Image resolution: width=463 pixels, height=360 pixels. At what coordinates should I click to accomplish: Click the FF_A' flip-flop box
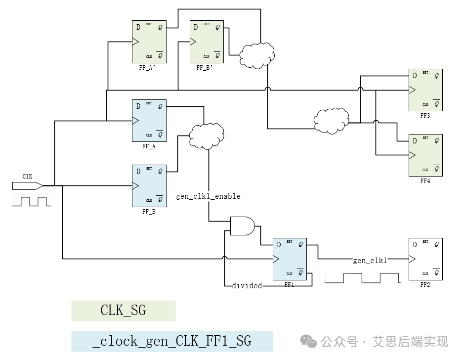point(149,42)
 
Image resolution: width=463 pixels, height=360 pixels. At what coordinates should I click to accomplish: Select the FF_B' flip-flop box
point(207,42)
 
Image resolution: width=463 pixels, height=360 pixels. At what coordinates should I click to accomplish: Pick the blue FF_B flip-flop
point(149,185)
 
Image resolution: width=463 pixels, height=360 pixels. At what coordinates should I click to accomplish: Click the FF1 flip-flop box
point(290,259)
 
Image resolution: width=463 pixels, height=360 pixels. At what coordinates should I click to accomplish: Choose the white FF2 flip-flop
point(425,259)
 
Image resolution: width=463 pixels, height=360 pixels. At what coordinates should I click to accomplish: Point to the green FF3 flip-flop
point(425,90)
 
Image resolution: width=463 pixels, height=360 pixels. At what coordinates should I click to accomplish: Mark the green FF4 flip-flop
point(425,155)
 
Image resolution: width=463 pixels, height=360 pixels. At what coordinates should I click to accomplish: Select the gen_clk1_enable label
point(208,196)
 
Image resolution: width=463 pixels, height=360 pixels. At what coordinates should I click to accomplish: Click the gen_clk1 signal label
point(370,261)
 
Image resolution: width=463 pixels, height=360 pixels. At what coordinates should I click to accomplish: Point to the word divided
point(247,286)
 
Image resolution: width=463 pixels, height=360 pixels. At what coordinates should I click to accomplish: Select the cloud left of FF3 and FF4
point(331,119)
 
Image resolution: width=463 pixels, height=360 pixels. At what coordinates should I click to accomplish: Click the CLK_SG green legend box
point(123,311)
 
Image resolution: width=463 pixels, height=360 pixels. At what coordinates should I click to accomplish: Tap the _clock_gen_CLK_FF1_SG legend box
point(171,341)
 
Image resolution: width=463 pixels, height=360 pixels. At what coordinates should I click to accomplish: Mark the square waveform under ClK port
point(31,201)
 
